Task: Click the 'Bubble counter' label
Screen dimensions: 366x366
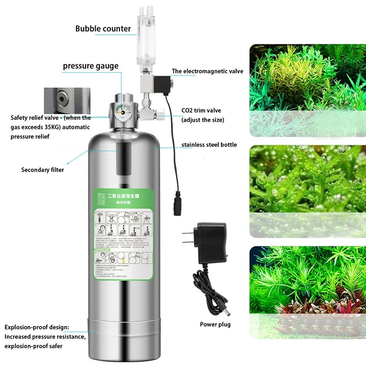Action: click(103, 29)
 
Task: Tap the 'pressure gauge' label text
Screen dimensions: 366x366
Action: click(91, 66)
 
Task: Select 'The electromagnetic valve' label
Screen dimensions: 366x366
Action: click(207, 71)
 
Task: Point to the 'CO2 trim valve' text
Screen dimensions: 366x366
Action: click(201, 111)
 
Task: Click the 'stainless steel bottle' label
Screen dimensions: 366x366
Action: click(209, 145)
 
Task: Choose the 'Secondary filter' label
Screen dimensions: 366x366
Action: click(43, 170)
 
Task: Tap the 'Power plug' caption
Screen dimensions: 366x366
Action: click(215, 324)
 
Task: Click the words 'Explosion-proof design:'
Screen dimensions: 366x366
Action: click(37, 328)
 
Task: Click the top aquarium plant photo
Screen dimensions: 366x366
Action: click(307, 89)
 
